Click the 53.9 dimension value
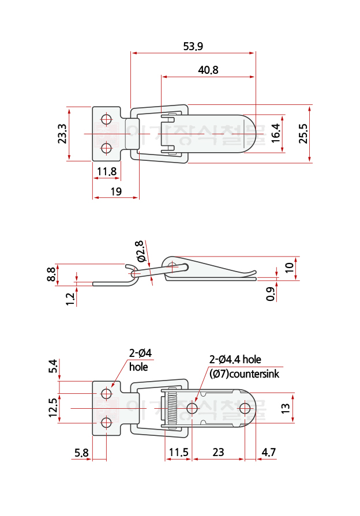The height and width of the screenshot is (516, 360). click(193, 46)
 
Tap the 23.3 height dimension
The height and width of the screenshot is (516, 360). click(62, 134)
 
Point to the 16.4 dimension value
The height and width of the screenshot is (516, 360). click(275, 133)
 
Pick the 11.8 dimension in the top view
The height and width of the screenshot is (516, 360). click(107, 171)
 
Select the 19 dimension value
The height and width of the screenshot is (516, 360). click(115, 191)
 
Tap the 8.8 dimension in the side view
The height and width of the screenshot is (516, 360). click(51, 274)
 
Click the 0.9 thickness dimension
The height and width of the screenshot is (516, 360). click(271, 295)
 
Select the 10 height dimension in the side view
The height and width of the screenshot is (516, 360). click(290, 268)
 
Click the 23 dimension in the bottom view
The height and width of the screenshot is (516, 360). click(218, 453)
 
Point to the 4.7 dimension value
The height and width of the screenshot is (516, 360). click(268, 453)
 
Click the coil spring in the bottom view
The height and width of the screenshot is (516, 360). click(170, 409)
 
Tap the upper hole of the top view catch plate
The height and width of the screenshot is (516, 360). click(106, 120)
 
